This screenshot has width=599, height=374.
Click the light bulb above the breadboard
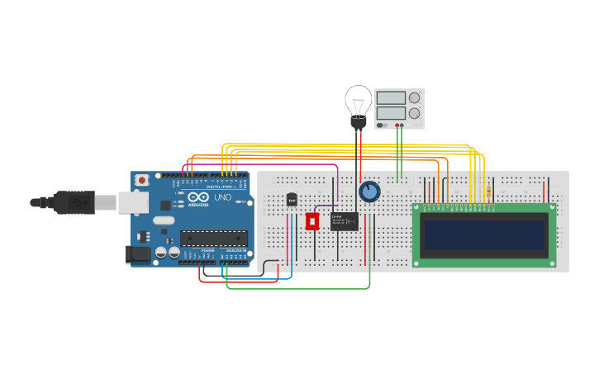pyautogui.click(x=357, y=103)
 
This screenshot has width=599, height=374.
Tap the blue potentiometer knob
pyautogui.click(x=369, y=192)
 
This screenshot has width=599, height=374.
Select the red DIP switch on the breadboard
pyautogui.click(x=312, y=221)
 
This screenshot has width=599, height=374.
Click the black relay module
pyautogui.click(x=344, y=221)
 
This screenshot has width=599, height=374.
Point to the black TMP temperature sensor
pyautogui.click(x=292, y=199)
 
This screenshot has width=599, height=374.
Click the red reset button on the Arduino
pyautogui.click(x=142, y=179)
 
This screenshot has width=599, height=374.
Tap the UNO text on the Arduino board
pyautogui.click(x=223, y=197)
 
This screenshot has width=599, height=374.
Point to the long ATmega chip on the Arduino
pyautogui.click(x=212, y=238)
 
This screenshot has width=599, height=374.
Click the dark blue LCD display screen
pyautogui.click(x=483, y=234)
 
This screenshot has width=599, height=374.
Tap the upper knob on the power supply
pyautogui.click(x=414, y=97)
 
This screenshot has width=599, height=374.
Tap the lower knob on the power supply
pyautogui.click(x=414, y=113)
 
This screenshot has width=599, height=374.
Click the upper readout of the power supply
pyautogui.click(x=391, y=97)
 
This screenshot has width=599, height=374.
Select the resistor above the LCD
pyautogui.click(x=491, y=192)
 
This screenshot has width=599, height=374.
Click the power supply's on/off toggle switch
pyautogui.click(x=381, y=125)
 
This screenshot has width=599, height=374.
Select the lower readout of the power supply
pyautogui.click(x=391, y=113)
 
